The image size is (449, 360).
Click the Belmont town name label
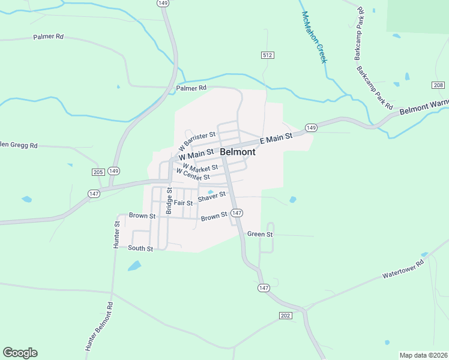pyautogui.click(x=238, y=152)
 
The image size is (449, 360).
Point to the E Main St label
pyautogui.click(x=276, y=139)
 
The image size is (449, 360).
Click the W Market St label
pyautogui.click(x=200, y=167)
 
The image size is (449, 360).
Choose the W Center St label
pyautogui.click(x=192, y=175)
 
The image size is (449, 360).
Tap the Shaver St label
pyautogui.click(x=212, y=195)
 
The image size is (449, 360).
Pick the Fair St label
pyautogui.click(x=183, y=203)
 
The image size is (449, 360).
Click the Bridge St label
pyautogui.click(x=169, y=200)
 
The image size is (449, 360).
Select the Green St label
pyautogui.click(x=260, y=234)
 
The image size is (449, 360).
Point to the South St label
pyautogui.click(x=140, y=248)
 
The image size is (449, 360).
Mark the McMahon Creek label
pyautogui.click(x=314, y=37)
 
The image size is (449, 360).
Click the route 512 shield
pyautogui.click(x=268, y=55)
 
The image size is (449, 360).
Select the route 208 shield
pyautogui.click(x=438, y=85)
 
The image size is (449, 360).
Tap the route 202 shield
pyautogui.click(x=285, y=316)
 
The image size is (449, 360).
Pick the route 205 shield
pyautogui.click(x=98, y=172)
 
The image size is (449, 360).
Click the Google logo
pyautogui.click(x=20, y=353)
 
